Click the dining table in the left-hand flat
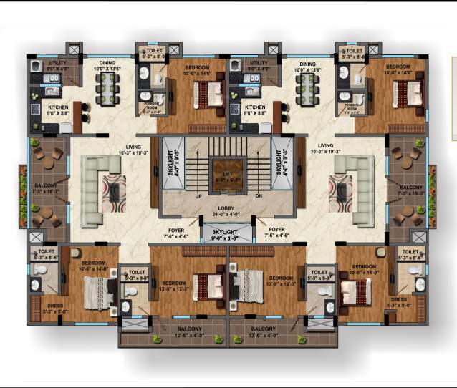tap(107, 90)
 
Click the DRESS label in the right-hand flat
tap(400, 299)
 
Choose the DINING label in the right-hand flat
tap(308, 64)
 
